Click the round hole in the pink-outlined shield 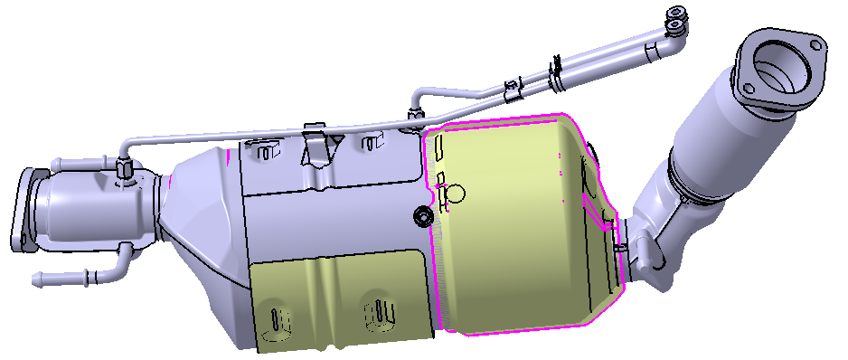(456, 193)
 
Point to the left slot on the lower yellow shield (275, 318)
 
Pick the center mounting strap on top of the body (315, 145)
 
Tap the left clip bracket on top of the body (263, 149)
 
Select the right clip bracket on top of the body (368, 142)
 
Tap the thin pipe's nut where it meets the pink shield (416, 115)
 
